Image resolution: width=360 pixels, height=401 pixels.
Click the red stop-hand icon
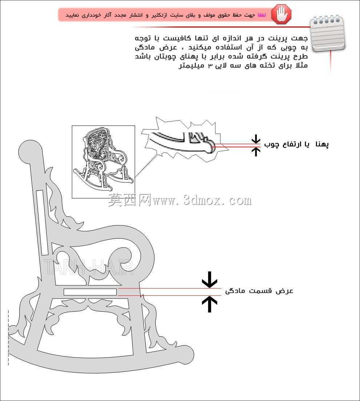click(281, 14)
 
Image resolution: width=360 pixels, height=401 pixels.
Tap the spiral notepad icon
click(327, 34)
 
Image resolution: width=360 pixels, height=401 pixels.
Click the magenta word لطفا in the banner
click(262, 15)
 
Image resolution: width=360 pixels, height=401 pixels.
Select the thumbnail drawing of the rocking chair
click(104, 161)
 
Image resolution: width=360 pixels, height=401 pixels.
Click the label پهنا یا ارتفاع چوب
click(296, 144)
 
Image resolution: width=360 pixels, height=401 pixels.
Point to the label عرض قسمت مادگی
click(259, 291)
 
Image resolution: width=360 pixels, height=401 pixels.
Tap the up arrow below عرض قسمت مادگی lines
click(210, 304)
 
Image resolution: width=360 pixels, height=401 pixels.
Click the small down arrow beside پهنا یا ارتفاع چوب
click(255, 139)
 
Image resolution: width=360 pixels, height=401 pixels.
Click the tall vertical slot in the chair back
click(42, 222)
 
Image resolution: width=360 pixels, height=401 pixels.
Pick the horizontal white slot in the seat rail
click(90, 292)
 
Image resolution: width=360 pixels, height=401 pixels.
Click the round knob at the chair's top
click(31, 152)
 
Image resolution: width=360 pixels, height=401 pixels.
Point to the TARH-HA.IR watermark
click(89, 267)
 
